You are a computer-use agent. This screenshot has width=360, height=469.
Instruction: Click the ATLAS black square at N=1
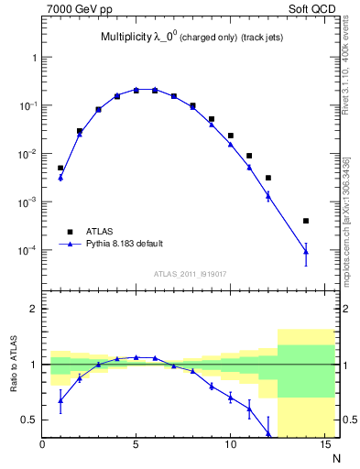click(60, 168)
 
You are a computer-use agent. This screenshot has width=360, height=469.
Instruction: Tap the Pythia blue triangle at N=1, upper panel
click(60, 177)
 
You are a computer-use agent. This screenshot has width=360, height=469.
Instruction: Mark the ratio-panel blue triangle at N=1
click(60, 400)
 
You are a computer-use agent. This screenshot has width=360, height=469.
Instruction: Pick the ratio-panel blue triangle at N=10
click(231, 397)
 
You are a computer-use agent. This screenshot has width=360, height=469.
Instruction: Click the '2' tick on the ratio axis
click(35, 309)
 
